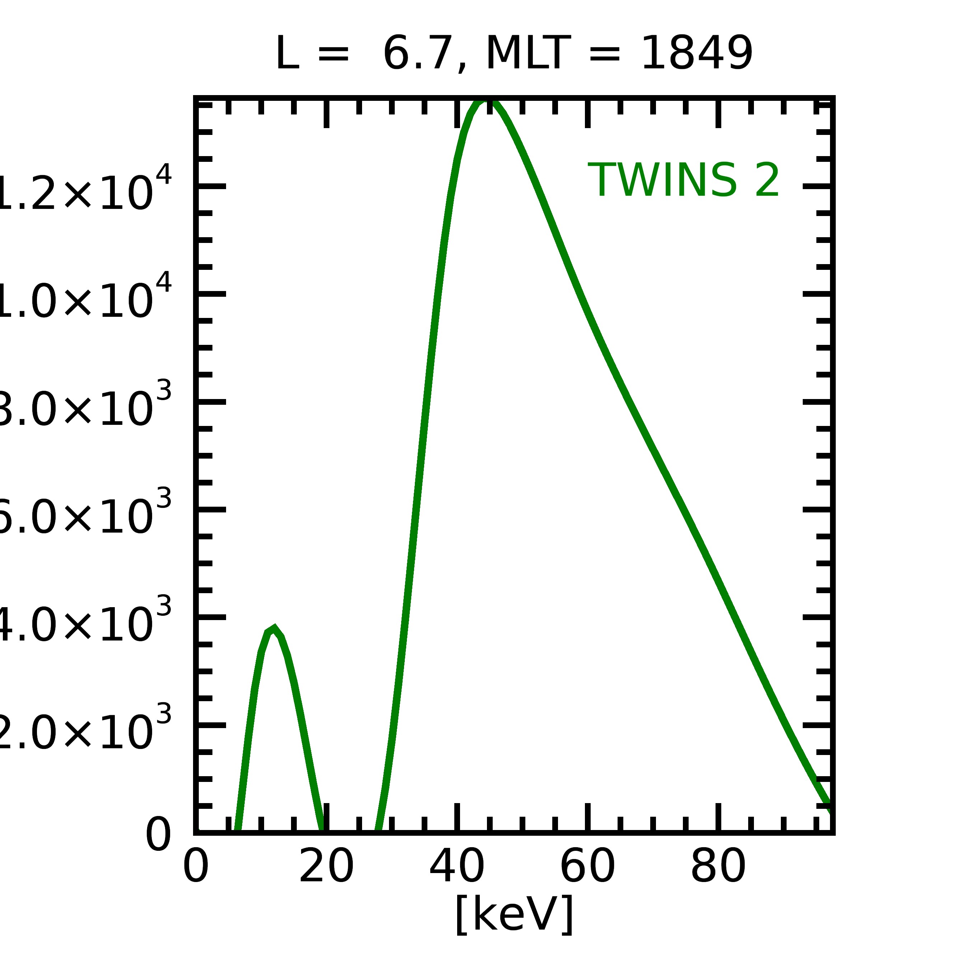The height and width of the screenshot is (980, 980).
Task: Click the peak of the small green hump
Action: [274, 628]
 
